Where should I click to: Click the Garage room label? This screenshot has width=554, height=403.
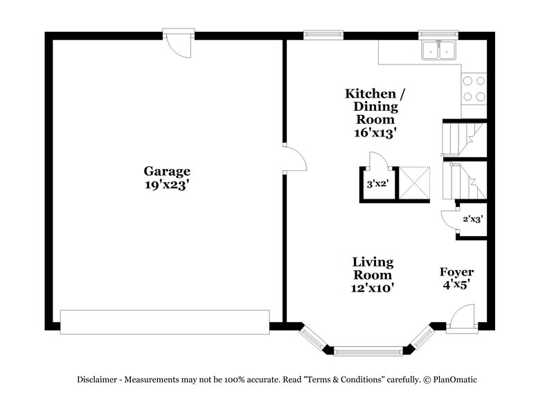(167, 171)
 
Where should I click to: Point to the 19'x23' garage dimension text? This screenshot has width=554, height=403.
(167, 185)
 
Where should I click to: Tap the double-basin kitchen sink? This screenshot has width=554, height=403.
(438, 50)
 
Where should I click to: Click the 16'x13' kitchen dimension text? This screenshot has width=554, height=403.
(375, 134)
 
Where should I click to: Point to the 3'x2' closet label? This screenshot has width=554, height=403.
(377, 184)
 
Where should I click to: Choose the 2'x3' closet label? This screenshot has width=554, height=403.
(472, 219)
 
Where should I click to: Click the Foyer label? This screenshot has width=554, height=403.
(456, 272)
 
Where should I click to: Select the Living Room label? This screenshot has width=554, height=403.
(373, 268)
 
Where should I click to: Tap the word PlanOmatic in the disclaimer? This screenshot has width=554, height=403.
(454, 379)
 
